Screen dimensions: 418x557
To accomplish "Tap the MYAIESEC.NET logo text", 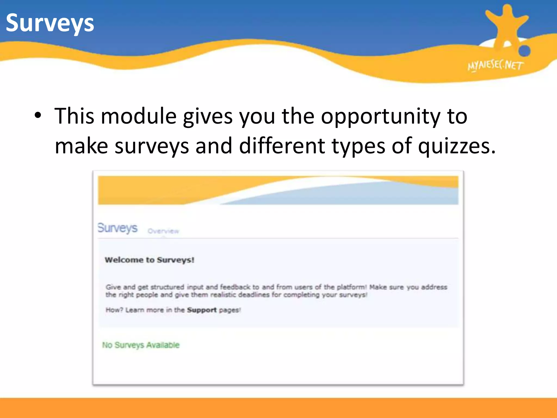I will [495, 66].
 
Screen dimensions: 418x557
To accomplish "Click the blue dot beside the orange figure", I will [524, 51].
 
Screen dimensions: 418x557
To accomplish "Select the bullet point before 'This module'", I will [38, 116].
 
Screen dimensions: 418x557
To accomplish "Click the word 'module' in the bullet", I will [139, 116].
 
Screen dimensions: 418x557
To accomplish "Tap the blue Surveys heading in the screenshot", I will [117, 228].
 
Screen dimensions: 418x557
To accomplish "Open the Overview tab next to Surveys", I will [163, 231].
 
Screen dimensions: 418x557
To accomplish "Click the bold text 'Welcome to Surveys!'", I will [150, 260].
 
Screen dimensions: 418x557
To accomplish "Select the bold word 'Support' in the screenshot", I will [202, 310].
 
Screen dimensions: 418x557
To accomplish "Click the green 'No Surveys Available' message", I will [141, 345].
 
